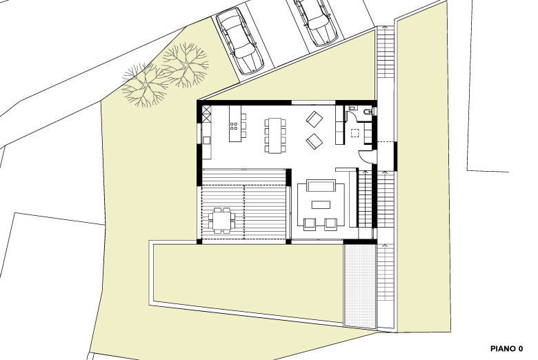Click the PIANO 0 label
pos(507,349)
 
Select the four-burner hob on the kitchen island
pos(234,126)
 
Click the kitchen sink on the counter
pos(206,140)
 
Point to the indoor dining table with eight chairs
pos(275,135)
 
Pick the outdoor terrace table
pos(221,220)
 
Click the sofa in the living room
pos(321,186)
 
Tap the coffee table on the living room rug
pos(321,205)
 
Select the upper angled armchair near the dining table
pos(315,119)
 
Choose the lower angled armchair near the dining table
pos(315,141)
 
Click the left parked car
pos(239,41)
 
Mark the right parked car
pos(317,21)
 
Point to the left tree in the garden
pos(146,85)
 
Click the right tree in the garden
pos(186,66)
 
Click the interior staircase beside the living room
pos(365,198)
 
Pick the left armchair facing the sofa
pos(310,223)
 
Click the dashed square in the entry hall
pos(355,133)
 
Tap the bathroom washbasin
pos(352,108)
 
